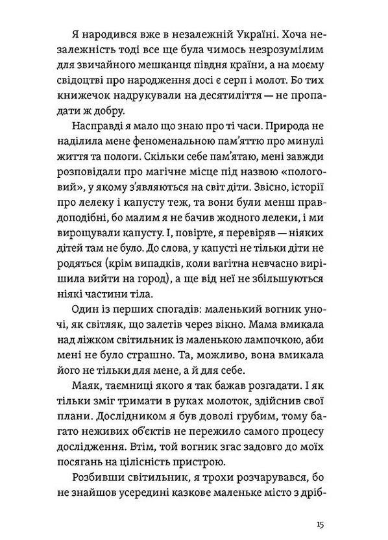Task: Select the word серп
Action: pos(254,78)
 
